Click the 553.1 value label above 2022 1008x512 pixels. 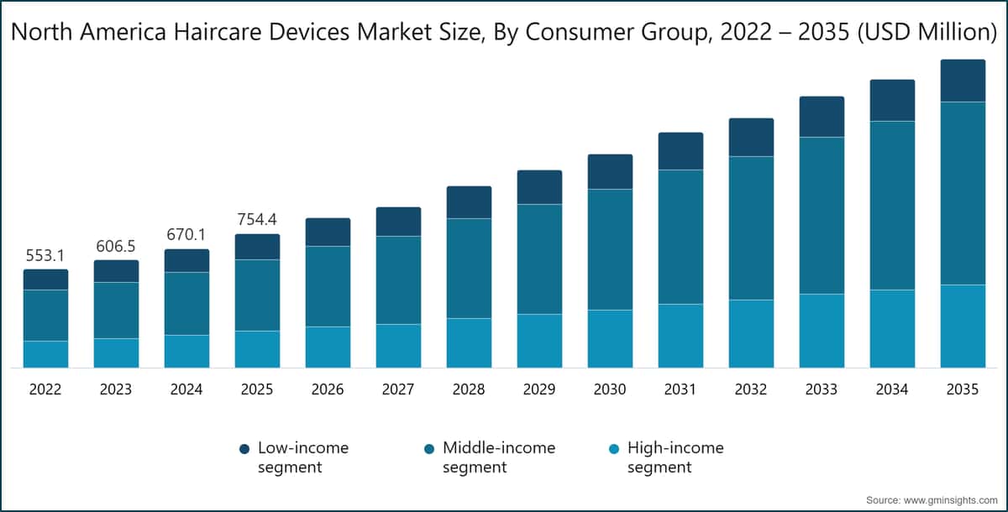coord(45,255)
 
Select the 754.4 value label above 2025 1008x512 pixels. coord(257,220)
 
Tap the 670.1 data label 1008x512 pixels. coord(186,235)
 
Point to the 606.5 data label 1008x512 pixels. coord(116,246)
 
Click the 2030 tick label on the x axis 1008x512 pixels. coord(610,389)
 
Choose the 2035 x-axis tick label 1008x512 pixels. coord(963,389)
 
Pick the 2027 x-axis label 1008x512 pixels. coord(398,389)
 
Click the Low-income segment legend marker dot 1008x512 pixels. coord(244,449)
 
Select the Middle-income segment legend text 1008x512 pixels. coord(499,457)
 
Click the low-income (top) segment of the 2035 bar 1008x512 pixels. coord(963,81)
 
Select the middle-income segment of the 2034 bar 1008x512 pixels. coord(892,206)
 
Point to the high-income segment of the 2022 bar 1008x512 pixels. coord(45,354)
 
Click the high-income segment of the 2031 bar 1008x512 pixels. coord(680,336)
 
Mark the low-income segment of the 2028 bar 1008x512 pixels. coord(469,202)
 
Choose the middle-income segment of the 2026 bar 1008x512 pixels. coord(328,286)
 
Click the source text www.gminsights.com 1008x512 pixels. coord(944,499)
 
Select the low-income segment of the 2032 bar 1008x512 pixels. coord(751,137)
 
